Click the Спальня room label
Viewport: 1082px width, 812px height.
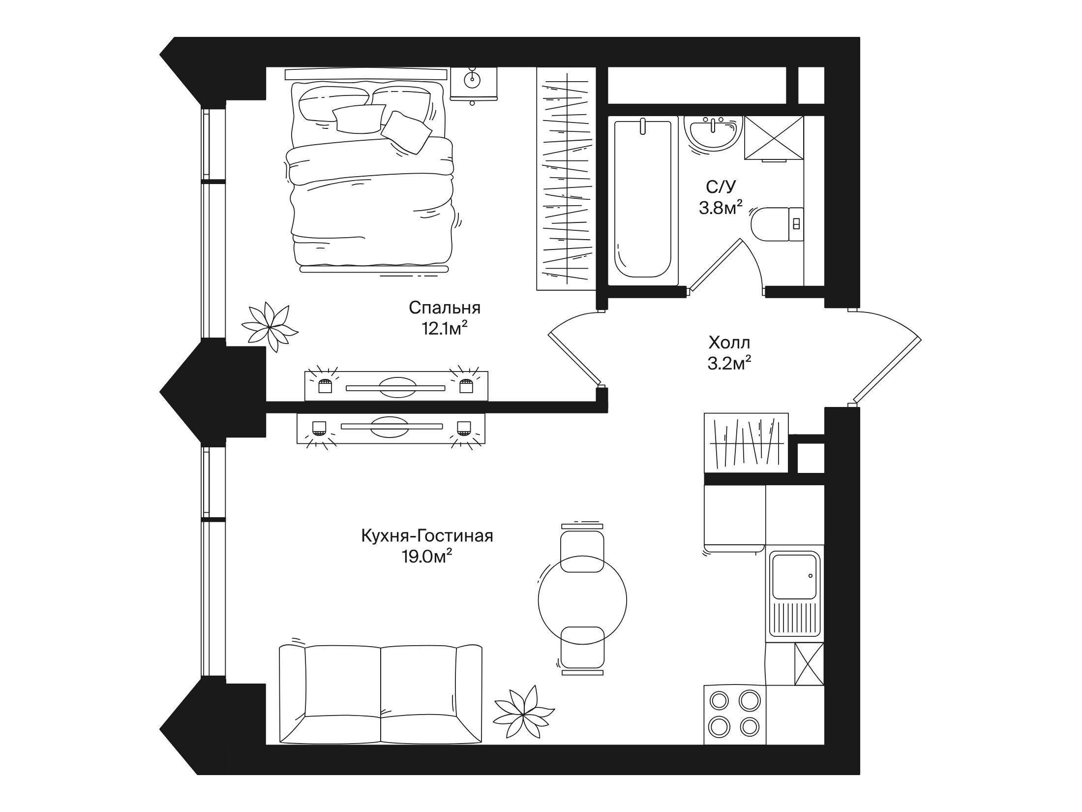[445, 308]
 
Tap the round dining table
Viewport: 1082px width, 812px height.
[582, 600]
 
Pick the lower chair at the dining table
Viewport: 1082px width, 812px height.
[582, 650]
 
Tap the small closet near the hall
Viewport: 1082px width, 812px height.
[746, 443]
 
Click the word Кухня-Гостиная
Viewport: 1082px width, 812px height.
[427, 535]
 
